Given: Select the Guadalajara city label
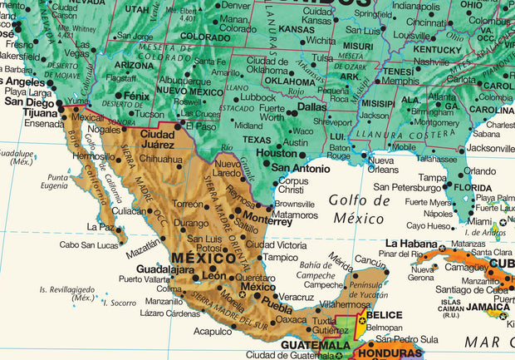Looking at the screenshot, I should (164, 269).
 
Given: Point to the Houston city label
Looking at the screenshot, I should (277, 153).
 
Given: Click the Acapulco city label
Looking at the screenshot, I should (213, 331).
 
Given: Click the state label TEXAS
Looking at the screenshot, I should (257, 140).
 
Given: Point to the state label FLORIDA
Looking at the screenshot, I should (473, 187).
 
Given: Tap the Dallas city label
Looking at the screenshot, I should (311, 106).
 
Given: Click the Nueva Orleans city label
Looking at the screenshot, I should (383, 164).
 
